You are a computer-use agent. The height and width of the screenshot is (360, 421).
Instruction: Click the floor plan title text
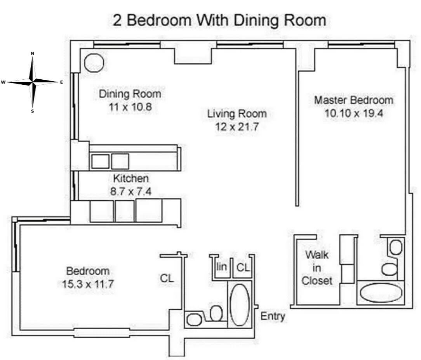tap(219, 20)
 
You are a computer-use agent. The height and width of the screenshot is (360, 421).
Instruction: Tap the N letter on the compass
tap(33, 53)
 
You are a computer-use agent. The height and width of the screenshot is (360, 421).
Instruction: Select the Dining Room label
tap(130, 94)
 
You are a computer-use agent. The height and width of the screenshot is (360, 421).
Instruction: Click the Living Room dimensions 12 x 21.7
tap(237, 127)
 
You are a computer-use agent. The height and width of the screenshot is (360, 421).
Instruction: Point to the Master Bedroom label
tap(353, 100)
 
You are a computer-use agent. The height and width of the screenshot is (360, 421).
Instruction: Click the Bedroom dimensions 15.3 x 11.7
tap(87, 284)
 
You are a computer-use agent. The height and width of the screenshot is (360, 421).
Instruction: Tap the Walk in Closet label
tap(317, 268)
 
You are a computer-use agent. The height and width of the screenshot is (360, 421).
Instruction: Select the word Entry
tap(273, 316)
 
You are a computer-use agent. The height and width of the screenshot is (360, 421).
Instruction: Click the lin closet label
tap(221, 267)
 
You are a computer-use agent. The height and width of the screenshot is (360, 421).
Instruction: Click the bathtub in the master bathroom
tap(381, 294)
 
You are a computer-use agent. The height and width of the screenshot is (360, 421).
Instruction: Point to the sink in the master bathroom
tap(395, 247)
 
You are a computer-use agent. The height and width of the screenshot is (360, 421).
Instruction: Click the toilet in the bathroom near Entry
tap(216, 313)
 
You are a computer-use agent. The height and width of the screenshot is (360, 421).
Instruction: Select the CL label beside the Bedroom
tap(167, 278)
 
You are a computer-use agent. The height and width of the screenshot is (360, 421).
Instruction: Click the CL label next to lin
tap(243, 267)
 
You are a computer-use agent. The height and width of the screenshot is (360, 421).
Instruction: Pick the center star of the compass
tap(33, 82)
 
